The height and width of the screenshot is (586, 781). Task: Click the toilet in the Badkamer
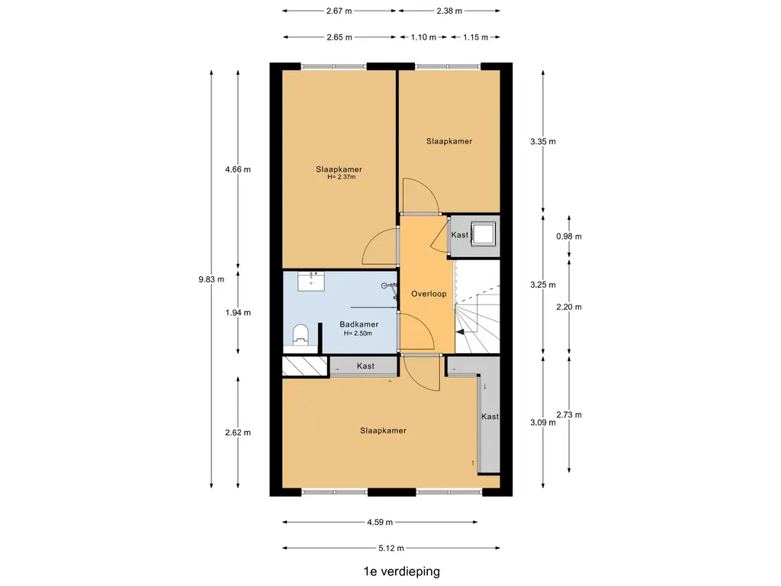301,335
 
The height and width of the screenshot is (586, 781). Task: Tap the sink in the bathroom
311,281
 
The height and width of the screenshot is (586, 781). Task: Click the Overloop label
429,294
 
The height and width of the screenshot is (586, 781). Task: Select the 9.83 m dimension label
211,279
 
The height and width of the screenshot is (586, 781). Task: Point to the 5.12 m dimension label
391,548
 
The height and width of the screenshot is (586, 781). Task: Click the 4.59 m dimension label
380,522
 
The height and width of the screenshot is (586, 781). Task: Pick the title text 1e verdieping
402,572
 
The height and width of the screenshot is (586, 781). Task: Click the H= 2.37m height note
342,177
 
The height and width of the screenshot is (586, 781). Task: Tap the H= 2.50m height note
358,333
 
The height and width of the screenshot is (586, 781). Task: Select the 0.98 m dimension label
569,237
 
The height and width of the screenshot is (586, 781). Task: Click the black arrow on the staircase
461,333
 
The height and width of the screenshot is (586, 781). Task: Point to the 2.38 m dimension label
449,11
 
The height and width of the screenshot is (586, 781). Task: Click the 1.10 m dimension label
423,37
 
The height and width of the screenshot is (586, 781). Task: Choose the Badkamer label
359,324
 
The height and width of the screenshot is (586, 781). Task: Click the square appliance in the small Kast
484,233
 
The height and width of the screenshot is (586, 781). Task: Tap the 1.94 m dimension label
238,313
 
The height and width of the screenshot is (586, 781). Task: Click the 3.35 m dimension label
543,141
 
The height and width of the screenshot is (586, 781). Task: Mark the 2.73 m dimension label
569,414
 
